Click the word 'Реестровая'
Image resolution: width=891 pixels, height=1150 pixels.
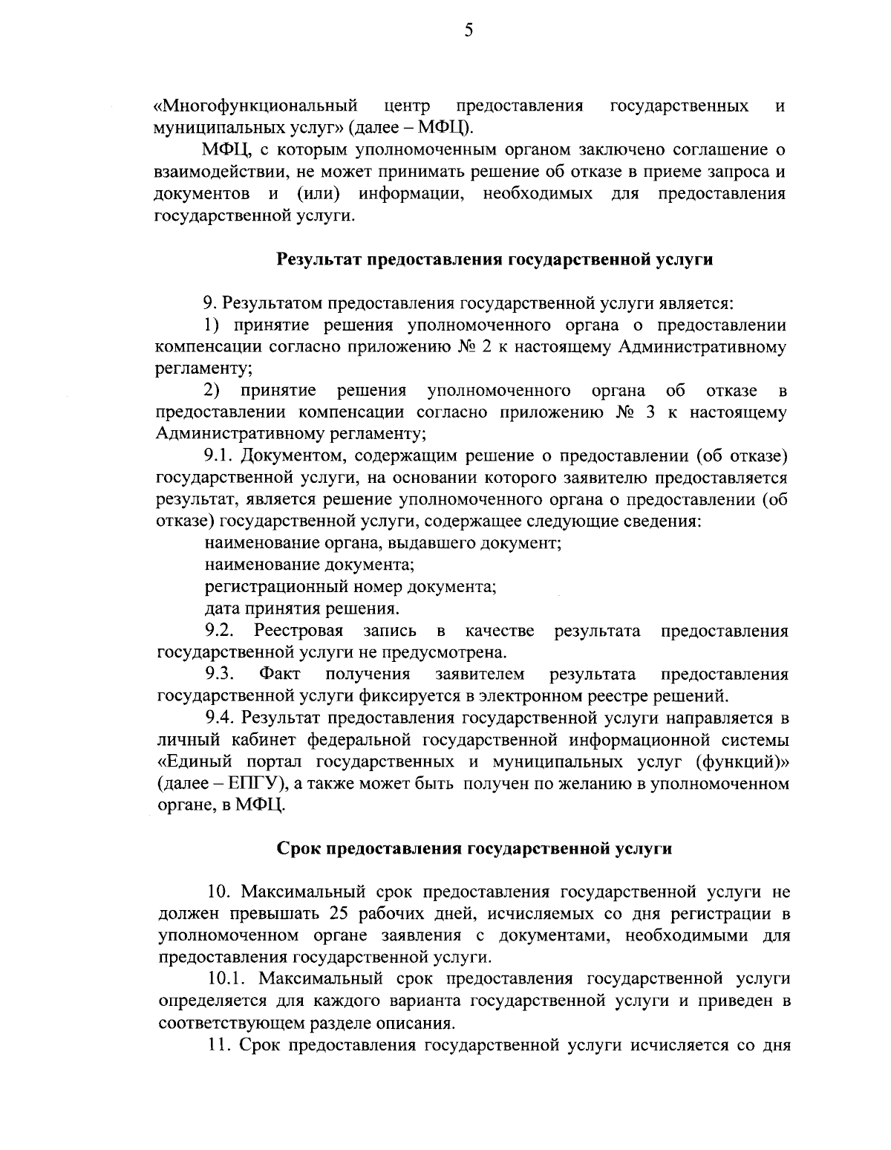298,631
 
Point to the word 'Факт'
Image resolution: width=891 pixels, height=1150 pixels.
280,675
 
